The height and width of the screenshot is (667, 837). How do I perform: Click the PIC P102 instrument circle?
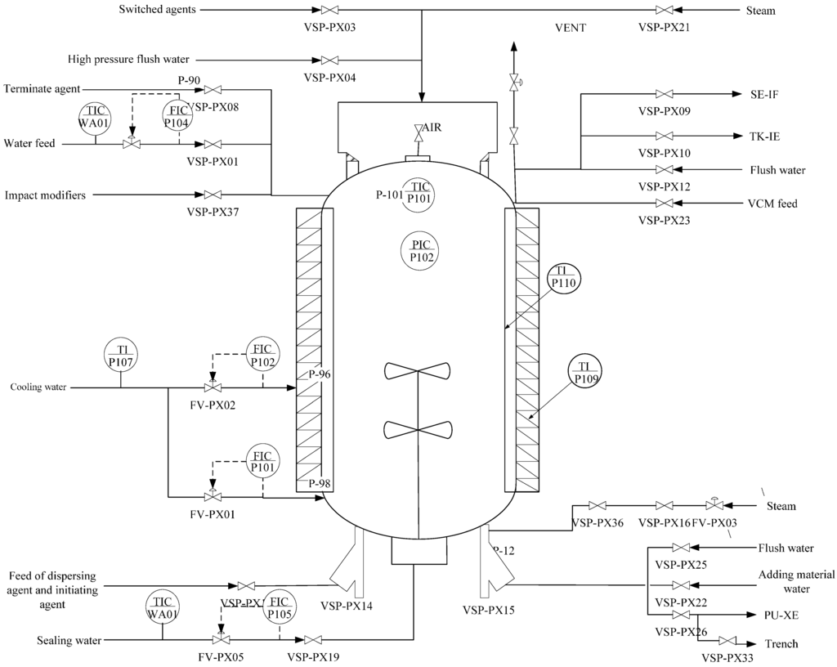[422, 250]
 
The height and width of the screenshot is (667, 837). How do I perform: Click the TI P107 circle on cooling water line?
[120, 354]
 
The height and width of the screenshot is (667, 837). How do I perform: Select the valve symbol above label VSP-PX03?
[329, 11]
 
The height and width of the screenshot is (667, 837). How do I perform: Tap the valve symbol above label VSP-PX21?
[665, 11]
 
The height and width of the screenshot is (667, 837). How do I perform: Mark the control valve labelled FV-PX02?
[213, 387]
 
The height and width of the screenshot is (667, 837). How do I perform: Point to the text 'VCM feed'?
[772, 204]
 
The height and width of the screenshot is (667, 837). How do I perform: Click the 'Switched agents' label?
[157, 10]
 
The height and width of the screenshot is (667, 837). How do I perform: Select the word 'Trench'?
[781, 643]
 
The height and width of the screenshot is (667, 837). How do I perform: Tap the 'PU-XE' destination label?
[775, 614]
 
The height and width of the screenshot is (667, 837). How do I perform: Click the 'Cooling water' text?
[38, 387]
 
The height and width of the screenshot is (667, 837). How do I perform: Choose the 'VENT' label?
[570, 28]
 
